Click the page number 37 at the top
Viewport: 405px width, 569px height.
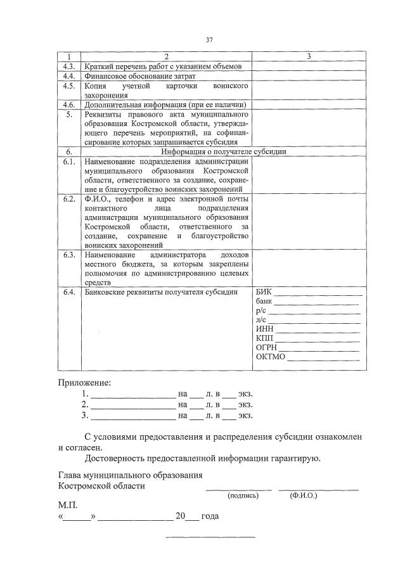click(x=209, y=40)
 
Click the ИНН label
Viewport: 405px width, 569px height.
click(x=265, y=328)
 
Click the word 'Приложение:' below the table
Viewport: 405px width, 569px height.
click(x=84, y=383)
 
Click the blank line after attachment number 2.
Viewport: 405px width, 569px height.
click(x=132, y=404)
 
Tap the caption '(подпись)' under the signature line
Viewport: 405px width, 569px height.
click(x=243, y=495)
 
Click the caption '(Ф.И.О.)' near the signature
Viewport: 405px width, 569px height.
click(x=302, y=495)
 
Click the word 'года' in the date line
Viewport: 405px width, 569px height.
click(x=210, y=516)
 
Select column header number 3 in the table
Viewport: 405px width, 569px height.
click(x=308, y=57)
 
